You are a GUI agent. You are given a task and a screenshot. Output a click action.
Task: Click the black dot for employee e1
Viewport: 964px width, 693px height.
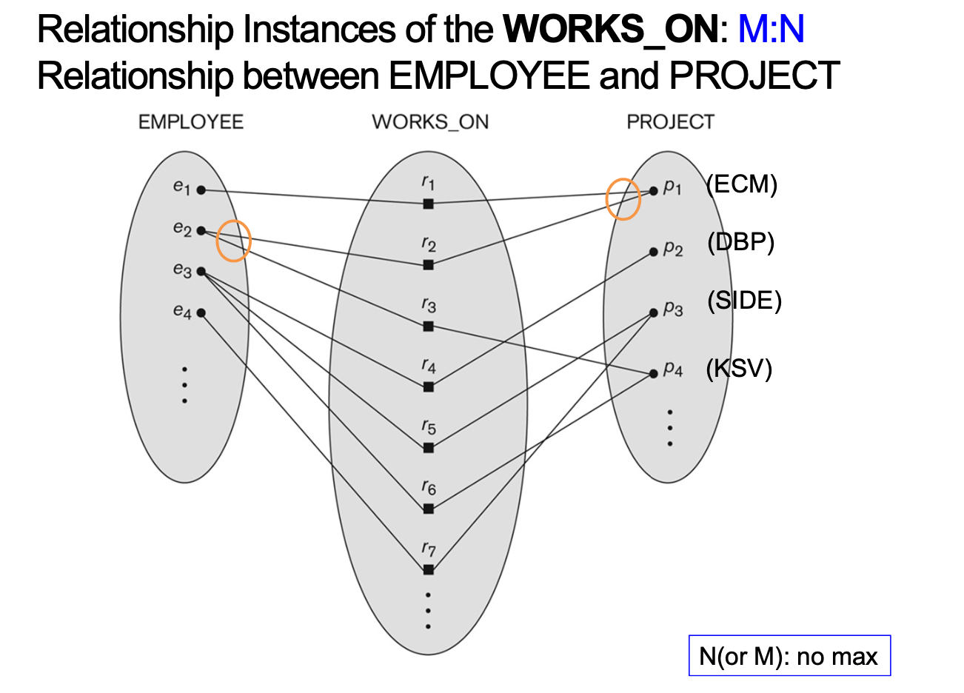pyautogui.click(x=201, y=190)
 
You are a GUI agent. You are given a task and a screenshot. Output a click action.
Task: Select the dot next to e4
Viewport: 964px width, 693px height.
pyautogui.click(x=201, y=312)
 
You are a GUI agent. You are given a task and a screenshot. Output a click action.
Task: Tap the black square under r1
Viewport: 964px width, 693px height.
pyautogui.click(x=428, y=204)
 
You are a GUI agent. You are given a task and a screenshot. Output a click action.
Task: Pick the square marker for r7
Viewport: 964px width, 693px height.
pyautogui.click(x=428, y=569)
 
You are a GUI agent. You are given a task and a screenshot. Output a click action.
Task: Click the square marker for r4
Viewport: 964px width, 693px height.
pyautogui.click(x=428, y=386)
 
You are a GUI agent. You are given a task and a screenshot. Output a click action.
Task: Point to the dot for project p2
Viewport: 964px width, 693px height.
pyautogui.click(x=653, y=252)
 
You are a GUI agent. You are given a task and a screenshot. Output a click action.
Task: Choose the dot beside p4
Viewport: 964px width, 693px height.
pyautogui.click(x=653, y=374)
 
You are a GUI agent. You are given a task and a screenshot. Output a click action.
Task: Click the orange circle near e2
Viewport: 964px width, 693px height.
pyautogui.click(x=233, y=241)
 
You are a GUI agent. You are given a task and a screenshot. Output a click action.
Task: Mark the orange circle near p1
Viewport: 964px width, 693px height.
pyautogui.click(x=623, y=199)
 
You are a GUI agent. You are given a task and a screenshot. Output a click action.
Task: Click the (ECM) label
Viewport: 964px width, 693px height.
pyautogui.click(x=741, y=184)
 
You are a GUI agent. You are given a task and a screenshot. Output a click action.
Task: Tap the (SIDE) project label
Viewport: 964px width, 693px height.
pyautogui.click(x=744, y=301)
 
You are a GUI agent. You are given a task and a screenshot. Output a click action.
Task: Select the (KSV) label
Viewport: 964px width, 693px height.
pyautogui.click(x=739, y=368)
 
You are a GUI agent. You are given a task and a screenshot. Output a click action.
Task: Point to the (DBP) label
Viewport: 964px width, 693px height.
pyautogui.click(x=740, y=242)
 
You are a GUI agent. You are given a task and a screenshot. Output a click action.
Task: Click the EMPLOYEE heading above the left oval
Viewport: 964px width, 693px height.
pyautogui.click(x=191, y=122)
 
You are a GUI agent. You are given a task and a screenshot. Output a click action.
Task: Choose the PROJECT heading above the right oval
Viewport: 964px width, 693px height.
pyautogui.click(x=670, y=122)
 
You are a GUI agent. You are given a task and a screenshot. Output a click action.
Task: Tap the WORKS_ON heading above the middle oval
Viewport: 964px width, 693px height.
pyautogui.click(x=430, y=122)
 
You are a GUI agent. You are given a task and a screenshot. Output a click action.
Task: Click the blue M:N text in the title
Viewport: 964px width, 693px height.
pyautogui.click(x=771, y=30)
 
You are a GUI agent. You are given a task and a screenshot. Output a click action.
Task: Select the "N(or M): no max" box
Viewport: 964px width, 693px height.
pyautogui.click(x=789, y=656)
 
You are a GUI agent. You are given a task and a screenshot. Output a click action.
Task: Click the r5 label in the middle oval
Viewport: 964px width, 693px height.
pyautogui.click(x=429, y=427)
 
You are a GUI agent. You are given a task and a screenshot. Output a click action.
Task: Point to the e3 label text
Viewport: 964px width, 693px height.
pyautogui.click(x=182, y=269)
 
